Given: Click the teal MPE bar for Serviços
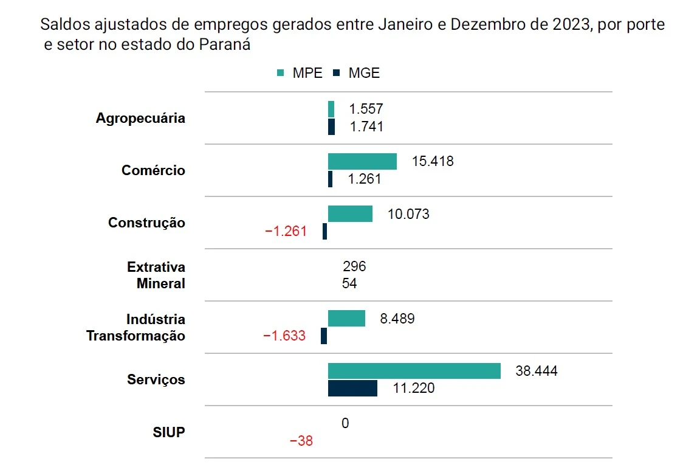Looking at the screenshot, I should (x=414, y=371).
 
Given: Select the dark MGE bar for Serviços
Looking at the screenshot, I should (x=352, y=388).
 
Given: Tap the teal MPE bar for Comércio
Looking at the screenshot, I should (x=362, y=161).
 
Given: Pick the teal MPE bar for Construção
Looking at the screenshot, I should (x=350, y=213).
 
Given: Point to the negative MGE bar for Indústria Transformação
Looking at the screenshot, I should (x=324, y=336).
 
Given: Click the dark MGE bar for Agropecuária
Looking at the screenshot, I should (x=331, y=126).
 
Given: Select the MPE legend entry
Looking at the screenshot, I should (x=299, y=73).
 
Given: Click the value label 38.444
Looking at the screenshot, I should (x=537, y=371).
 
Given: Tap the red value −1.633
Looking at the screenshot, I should (x=284, y=336).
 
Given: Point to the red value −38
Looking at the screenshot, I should (x=301, y=441).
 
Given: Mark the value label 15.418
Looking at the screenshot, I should (x=433, y=162).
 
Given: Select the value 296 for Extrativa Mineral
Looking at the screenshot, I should (x=354, y=266).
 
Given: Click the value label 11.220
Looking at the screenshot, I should (x=414, y=388).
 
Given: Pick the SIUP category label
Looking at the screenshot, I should (x=169, y=433).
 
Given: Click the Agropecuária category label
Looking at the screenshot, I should (x=140, y=118).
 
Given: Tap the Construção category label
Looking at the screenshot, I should (x=146, y=223).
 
